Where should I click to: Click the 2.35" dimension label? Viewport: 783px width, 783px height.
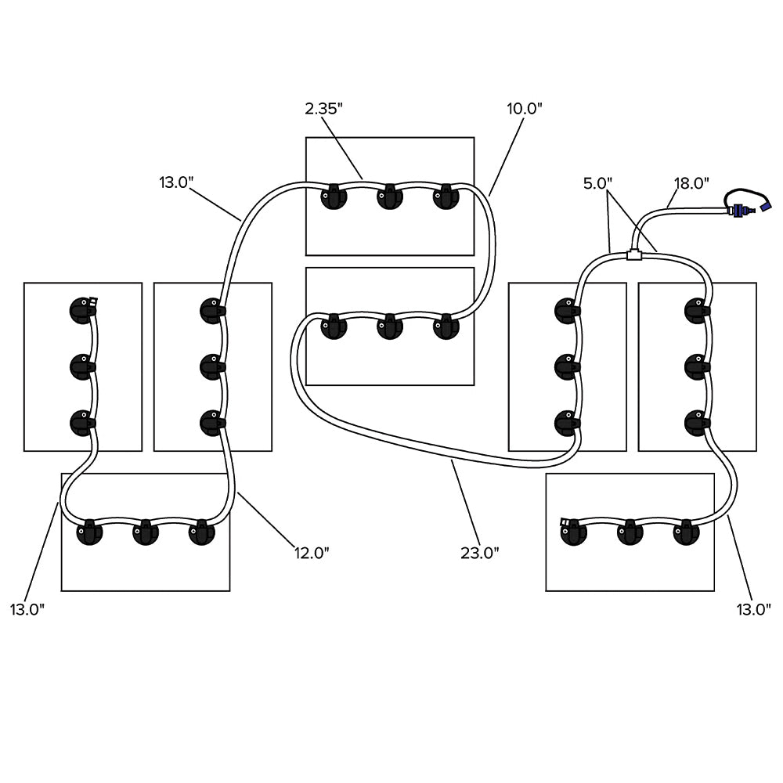pyautogui.click(x=323, y=109)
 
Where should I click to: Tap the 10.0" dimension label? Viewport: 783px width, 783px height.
pyautogui.click(x=525, y=109)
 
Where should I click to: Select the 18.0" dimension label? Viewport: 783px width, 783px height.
pyautogui.click(x=691, y=183)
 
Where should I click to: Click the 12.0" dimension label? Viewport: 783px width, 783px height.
pyautogui.click(x=311, y=553)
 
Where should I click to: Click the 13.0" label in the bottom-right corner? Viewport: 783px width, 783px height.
pyautogui.click(x=752, y=609)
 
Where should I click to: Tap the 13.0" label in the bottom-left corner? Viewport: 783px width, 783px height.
pyautogui.click(x=27, y=609)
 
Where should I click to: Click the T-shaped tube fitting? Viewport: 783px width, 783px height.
pyautogui.click(x=634, y=254)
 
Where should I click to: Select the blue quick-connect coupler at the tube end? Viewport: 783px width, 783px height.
pyautogui.click(x=739, y=210)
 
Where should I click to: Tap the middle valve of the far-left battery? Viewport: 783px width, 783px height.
pyautogui.click(x=82, y=365)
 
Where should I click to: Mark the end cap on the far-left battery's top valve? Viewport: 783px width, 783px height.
pyautogui.click(x=94, y=300)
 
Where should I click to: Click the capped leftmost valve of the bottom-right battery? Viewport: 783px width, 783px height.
pyautogui.click(x=572, y=532)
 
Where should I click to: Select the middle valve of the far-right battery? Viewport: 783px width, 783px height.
pyautogui.click(x=697, y=365)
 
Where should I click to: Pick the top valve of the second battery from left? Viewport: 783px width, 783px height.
pyautogui.click(x=212, y=309)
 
